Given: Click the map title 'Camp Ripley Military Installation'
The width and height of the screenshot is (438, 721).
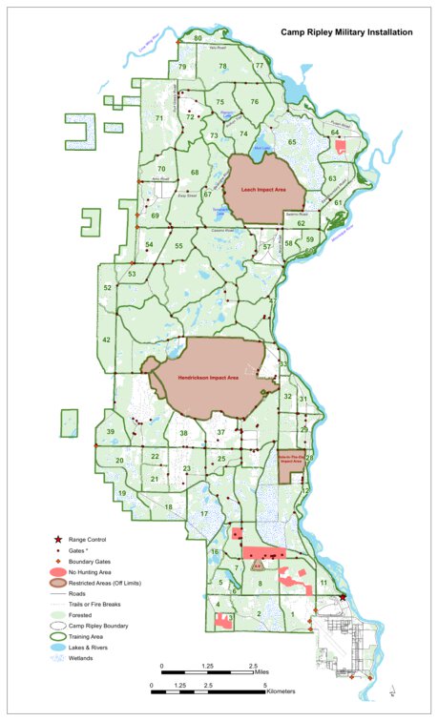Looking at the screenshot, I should (346, 32).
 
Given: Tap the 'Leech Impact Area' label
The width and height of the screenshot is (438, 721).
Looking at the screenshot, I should (264, 191).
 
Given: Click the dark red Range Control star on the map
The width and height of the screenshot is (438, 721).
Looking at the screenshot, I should (344, 598).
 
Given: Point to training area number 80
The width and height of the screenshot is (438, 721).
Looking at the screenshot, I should (198, 38).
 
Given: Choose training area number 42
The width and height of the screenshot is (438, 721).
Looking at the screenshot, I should (107, 340).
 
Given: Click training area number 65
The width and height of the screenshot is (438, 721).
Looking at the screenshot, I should (293, 142).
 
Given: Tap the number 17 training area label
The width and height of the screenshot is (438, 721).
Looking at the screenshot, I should (204, 515).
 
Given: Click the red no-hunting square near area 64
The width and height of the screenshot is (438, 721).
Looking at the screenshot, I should (341, 146).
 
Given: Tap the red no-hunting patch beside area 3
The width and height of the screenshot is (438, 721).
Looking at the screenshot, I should (224, 621).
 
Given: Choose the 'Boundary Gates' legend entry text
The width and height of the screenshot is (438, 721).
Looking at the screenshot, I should (114, 561).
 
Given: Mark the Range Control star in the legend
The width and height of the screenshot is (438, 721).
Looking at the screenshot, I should (68, 540).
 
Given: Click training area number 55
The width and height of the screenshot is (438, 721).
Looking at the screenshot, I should (178, 246).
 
